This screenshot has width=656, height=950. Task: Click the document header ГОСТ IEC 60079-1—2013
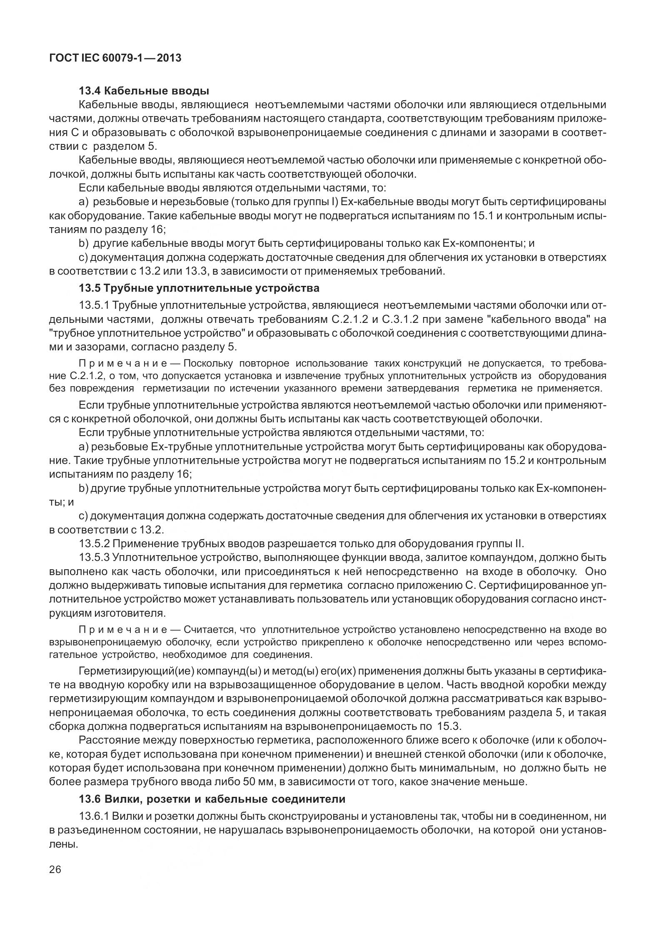coord(115,58)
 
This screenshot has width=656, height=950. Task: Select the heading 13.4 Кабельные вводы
coord(144,91)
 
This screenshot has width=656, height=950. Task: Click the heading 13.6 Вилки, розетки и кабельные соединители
coord(212,799)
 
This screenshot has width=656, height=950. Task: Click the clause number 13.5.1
coord(94,305)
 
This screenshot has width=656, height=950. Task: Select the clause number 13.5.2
coord(94,543)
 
